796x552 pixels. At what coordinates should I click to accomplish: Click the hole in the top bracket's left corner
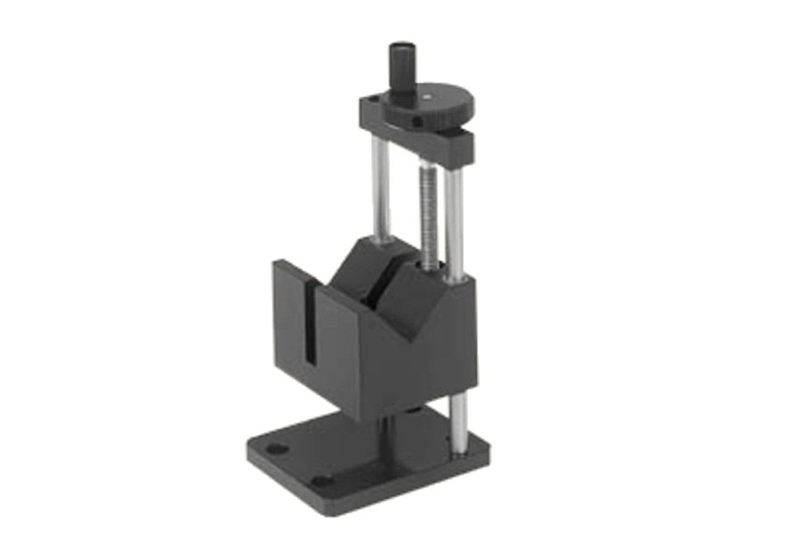pyautogui.click(x=373, y=101)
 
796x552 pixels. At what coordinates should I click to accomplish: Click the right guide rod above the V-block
pyautogui.click(x=454, y=219)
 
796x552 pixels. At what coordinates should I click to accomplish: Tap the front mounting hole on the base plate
pyautogui.click(x=325, y=482)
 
